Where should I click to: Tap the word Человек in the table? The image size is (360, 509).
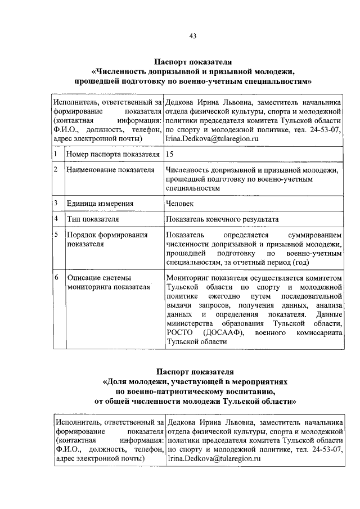coord(180,204)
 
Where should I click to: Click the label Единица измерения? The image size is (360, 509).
coord(100,204)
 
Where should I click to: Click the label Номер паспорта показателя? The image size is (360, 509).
coord(111,154)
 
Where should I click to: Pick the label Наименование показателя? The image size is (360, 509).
coord(110,170)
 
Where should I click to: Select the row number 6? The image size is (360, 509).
coord(57,277)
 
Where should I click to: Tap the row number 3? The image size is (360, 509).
coord(56,202)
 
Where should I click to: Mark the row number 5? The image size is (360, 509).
coord(57,234)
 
